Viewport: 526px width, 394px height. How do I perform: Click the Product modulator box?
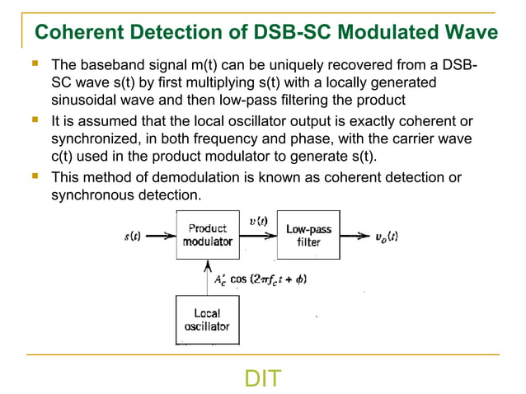[x=207, y=235]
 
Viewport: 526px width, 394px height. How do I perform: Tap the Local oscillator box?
[x=207, y=320]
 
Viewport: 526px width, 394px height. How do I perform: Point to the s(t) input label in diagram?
[x=132, y=236]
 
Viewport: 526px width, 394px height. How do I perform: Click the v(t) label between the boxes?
[x=257, y=221]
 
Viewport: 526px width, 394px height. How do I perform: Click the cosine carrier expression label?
[x=260, y=279]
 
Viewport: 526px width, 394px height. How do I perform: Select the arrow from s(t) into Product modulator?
[x=160, y=236]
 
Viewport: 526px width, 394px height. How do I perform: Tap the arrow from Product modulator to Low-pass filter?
[x=257, y=236]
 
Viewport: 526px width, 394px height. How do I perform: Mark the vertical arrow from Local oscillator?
[x=207, y=278]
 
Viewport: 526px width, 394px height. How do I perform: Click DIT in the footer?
[x=263, y=378]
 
